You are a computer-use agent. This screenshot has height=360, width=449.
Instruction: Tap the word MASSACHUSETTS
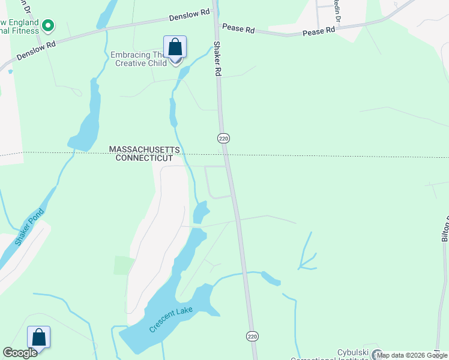tap(144, 149)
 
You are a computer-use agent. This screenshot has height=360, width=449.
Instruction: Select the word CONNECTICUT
tap(144, 158)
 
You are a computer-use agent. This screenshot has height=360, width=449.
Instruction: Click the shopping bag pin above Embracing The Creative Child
tap(175, 47)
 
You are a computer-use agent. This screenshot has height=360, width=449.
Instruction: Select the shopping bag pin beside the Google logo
tap(39, 337)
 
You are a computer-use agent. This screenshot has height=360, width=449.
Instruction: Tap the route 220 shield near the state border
tap(223, 139)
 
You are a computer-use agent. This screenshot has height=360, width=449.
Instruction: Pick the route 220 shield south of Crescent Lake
tap(252, 337)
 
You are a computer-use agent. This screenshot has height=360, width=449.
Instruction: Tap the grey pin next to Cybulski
tap(376, 354)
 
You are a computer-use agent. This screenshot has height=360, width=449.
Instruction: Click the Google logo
tap(20, 353)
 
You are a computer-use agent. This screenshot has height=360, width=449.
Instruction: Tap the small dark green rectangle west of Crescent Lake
tap(124, 265)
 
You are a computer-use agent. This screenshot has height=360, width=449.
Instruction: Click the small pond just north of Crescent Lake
tap(200, 212)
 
